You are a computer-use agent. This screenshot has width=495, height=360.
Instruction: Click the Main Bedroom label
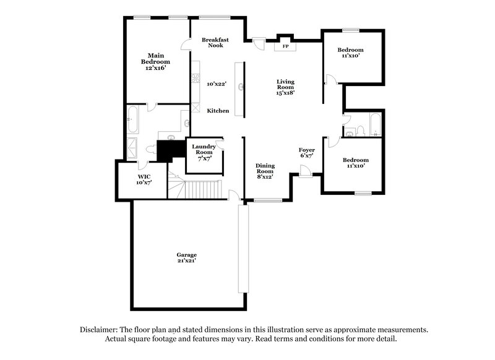[155, 62]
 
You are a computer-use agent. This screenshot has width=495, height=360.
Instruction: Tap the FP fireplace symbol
[285, 46]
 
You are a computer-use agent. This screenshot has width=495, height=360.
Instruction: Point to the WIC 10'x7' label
[144, 179]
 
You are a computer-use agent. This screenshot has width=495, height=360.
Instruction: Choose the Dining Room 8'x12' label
[265, 169]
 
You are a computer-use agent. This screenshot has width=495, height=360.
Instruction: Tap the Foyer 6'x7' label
[307, 153]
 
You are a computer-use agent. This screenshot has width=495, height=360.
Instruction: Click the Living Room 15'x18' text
[285, 87]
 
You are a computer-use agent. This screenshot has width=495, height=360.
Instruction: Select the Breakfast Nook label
[215, 43]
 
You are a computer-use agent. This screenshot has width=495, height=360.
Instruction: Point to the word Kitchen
[218, 111]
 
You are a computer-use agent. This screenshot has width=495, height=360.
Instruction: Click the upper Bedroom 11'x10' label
[350, 53]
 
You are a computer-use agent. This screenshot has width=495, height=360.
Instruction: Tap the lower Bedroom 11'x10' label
[355, 163]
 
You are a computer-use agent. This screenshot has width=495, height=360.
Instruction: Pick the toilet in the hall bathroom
[351, 131]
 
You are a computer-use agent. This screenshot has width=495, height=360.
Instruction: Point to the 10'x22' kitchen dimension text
[218, 83]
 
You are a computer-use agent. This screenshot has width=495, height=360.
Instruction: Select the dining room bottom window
[268, 200]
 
